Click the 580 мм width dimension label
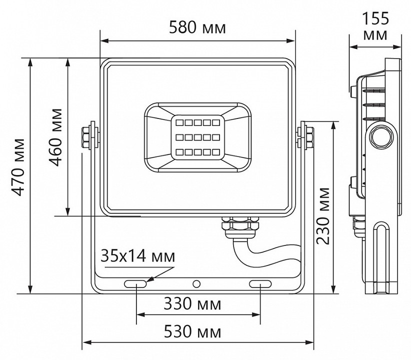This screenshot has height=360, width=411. tap(197, 27)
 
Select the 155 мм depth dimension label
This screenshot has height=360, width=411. tap(375, 26)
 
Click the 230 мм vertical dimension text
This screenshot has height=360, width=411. tap(323, 215)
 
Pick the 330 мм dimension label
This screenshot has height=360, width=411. tap(192, 303)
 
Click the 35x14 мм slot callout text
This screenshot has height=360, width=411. tap(137, 257)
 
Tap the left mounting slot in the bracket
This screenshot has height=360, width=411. tap(135, 284)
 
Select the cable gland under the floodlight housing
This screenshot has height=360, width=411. tap(239, 225)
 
